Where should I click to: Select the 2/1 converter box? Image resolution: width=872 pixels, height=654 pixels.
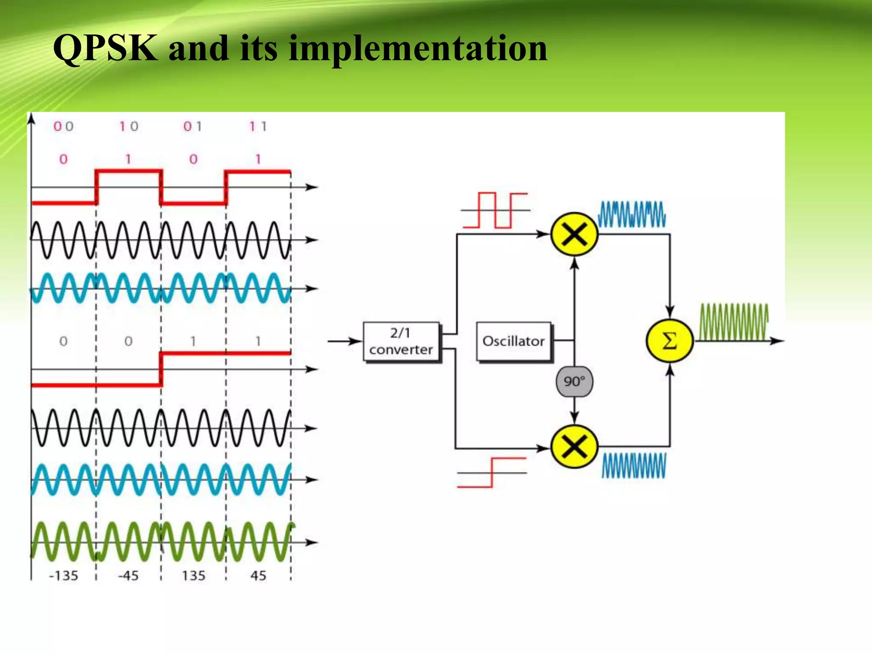coord(401,341)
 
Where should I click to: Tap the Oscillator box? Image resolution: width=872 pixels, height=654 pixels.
coord(513,341)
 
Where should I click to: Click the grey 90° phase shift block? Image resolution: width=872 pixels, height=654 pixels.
coord(574,381)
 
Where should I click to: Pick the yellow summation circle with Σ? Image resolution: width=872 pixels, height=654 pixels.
coord(669,341)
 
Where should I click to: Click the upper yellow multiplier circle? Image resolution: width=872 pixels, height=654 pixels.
coord(574,234)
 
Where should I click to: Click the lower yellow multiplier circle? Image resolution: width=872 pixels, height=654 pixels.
coord(574,447)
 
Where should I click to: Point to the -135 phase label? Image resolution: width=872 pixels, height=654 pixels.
coord(64,576)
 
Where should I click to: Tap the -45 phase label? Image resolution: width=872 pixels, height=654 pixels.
coord(129,576)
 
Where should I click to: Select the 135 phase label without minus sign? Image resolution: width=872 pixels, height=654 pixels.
coord(194,576)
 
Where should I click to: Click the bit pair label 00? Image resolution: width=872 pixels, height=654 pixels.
coord(63,126)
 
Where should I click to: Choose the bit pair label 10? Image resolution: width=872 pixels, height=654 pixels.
coord(129,126)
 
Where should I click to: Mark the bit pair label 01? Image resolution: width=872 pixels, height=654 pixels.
coord(193,126)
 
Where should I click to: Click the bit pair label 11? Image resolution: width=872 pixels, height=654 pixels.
coord(258,126)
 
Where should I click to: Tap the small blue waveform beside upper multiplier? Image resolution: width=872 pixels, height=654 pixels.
coord(632,214)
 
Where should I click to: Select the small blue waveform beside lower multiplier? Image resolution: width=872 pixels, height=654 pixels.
coord(634,465)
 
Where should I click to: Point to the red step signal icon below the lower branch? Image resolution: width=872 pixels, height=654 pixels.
coord(492,473)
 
